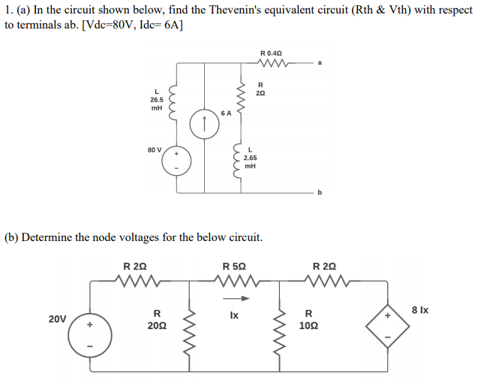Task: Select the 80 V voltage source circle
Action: (x=177, y=159)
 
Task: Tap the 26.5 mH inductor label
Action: (x=156, y=100)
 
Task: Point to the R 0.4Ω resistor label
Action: (x=271, y=53)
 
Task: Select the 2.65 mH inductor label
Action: (x=251, y=158)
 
